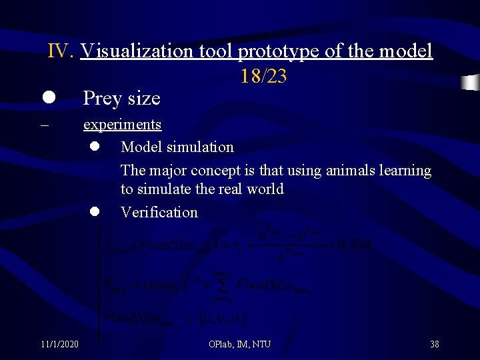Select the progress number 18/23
[x=263, y=77]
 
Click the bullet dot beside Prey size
[x=48, y=97]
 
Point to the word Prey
[x=101, y=99]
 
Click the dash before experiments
[x=44, y=125]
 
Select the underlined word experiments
[x=122, y=125]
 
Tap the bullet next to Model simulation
[x=95, y=146]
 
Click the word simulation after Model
[x=203, y=147]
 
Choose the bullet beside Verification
[x=95, y=211]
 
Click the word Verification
[x=159, y=212]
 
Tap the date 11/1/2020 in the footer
[x=59, y=344]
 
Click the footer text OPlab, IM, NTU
[x=239, y=344]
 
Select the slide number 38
[x=434, y=344]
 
